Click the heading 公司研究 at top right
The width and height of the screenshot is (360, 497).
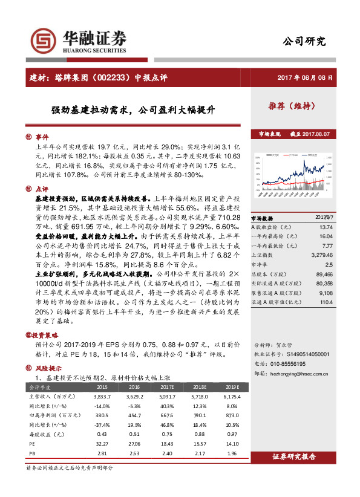point(304,42)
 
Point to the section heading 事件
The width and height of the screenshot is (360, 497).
point(41,137)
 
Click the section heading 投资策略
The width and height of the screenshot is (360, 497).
point(46,334)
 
